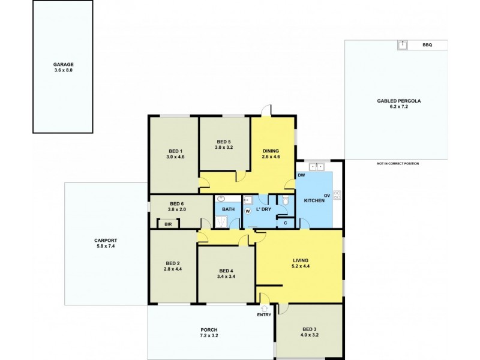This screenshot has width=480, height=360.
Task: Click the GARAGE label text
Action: (x=62, y=64)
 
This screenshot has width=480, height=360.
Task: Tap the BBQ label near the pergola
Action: (x=427, y=45)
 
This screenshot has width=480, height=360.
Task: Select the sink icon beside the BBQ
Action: (x=402, y=45)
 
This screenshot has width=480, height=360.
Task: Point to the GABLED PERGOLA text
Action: (x=398, y=101)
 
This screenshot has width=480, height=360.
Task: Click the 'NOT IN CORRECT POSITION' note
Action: (x=398, y=163)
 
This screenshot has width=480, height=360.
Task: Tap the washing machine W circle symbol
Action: (x=247, y=211)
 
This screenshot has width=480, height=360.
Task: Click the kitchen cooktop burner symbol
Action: (x=337, y=194)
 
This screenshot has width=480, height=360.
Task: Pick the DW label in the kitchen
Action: (x=301, y=175)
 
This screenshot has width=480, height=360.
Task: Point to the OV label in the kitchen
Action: (x=327, y=195)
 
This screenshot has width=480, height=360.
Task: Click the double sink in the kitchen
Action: (x=316, y=167)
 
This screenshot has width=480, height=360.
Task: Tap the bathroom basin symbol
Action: (x=221, y=199)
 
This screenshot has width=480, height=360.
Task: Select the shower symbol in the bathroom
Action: (x=221, y=222)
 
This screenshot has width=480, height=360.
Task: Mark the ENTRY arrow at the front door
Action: (x=264, y=308)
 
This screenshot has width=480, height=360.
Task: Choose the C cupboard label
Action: (x=286, y=223)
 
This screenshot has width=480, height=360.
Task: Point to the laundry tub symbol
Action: (x=247, y=200)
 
